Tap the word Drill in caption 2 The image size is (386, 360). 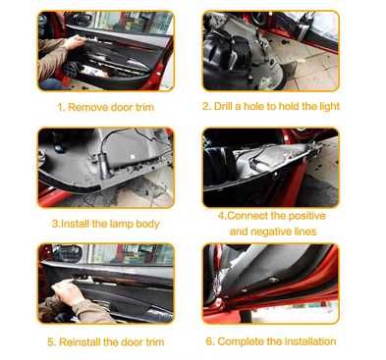click(x=223, y=106)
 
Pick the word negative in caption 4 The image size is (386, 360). click(x=267, y=231)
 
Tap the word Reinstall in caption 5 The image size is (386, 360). click(x=80, y=342)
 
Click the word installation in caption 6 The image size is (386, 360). click(x=310, y=341)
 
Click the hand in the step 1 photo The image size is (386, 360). click(x=75, y=42)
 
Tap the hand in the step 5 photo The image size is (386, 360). click(x=66, y=291)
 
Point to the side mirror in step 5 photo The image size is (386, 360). click(x=68, y=253)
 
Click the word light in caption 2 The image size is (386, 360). click(x=328, y=107)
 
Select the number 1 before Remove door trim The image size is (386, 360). click(x=60, y=107)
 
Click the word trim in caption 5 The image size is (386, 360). click(x=155, y=342)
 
